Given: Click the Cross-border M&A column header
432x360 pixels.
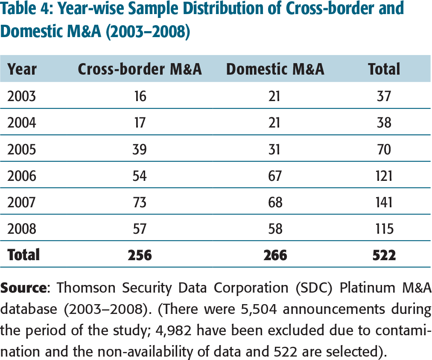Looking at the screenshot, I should click(140, 69).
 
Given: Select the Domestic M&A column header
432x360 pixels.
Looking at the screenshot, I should click(275, 69).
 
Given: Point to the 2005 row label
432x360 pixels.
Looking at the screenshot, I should click(22, 149).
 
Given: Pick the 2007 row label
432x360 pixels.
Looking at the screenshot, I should click(22, 202).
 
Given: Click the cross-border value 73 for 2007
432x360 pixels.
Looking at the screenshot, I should click(140, 202).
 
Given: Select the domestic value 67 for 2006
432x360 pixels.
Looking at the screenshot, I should click(275, 176).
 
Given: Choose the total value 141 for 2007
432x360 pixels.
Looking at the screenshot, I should click(384, 202).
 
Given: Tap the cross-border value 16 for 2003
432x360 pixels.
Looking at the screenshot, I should click(140, 96).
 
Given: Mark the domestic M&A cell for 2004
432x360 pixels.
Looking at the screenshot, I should click(275, 123).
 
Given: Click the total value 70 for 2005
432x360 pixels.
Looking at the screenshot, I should click(384, 149).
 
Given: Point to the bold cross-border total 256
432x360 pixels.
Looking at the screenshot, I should click(140, 255).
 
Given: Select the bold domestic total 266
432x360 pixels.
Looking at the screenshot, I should click(275, 255).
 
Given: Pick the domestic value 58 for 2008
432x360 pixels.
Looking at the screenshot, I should click(275, 229).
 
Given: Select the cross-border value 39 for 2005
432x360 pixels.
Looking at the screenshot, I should click(140, 149).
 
